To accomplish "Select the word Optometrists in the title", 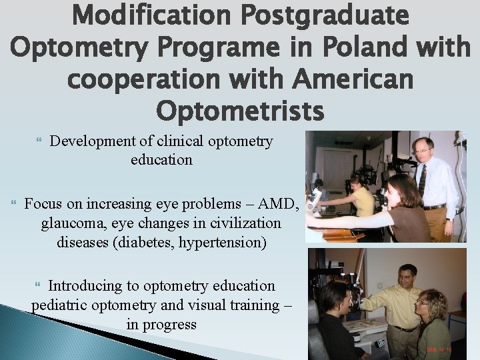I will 240,110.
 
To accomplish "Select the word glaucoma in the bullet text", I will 73,223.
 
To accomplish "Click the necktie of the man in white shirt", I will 422,181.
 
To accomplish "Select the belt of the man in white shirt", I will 434,206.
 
